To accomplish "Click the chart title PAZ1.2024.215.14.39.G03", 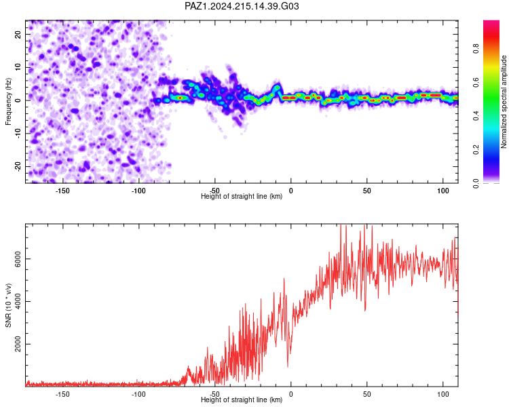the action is pos(242,6).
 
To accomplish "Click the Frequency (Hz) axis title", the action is pos(8,102).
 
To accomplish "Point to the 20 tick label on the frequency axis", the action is pos(18,35).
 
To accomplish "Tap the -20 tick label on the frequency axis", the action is pos(18,167).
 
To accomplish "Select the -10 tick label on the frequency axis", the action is pos(18,133).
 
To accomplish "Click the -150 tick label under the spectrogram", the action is pos(62,191).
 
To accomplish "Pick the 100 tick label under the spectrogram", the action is pos(442,191).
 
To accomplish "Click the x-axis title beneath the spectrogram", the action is pos(242,196).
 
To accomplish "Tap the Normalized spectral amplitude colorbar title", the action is pos(504,102).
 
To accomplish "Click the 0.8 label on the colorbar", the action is pos(476,49).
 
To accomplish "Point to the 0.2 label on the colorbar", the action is pos(476,150).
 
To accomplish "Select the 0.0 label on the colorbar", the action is pos(476,183).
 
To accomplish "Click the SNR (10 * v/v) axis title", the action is pos(8,305).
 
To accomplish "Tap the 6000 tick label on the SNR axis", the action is pos(18,259).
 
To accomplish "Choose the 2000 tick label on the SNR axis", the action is pos(18,344).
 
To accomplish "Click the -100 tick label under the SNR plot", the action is pos(138,394).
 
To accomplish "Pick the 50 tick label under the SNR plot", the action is pos(366,394).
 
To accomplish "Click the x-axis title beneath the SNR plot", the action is pos(242,400).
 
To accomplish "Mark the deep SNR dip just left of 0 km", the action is pos(288,366).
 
